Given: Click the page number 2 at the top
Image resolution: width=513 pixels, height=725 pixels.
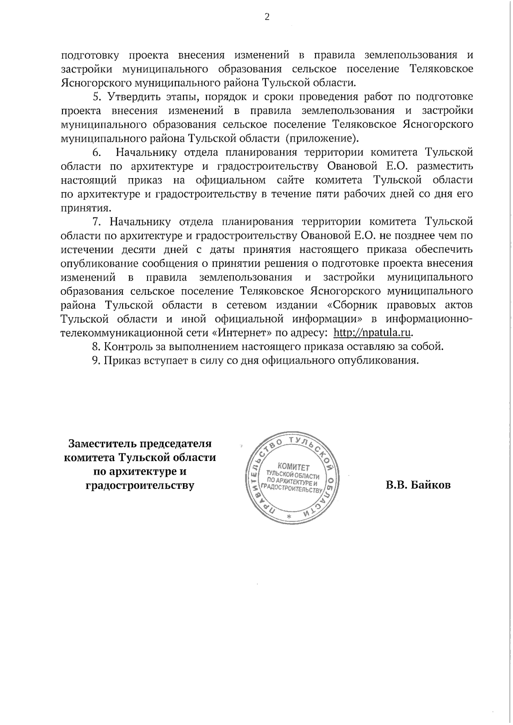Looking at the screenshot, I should (x=267, y=18).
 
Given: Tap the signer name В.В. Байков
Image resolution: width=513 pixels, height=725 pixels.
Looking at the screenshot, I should (x=418, y=485).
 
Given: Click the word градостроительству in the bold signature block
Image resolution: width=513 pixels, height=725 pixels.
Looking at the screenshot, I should (x=140, y=486).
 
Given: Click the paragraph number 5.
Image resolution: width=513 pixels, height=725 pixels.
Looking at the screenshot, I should (x=96, y=97).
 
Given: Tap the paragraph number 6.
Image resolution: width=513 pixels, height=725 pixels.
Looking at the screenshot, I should (x=96, y=153).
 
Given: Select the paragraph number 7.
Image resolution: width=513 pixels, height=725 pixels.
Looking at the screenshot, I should (x=96, y=222).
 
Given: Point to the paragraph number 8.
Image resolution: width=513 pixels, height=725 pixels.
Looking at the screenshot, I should (x=96, y=346).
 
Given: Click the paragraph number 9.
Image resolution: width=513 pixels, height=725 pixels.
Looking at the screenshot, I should (x=96, y=361).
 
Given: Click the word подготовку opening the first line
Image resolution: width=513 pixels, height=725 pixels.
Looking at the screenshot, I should (x=88, y=56).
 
